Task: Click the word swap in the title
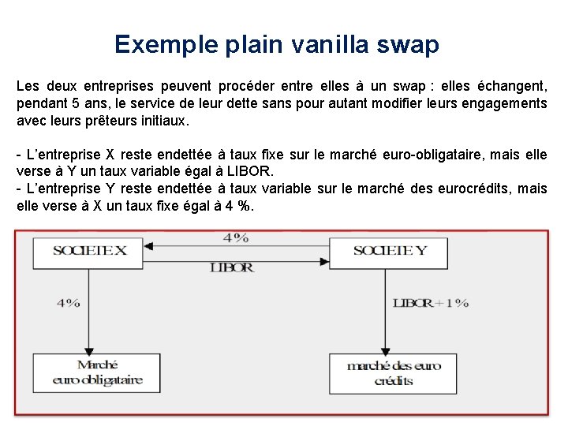click(x=409, y=44)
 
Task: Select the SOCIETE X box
click(x=89, y=252)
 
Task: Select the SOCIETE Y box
click(x=388, y=252)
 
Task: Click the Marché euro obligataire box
click(x=98, y=372)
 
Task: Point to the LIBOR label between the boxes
click(x=232, y=268)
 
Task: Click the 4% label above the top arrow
click(x=235, y=237)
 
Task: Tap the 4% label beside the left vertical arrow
click(x=68, y=303)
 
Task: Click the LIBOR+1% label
click(x=431, y=303)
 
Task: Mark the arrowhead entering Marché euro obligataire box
click(x=88, y=349)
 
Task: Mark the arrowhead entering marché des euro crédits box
click(x=385, y=349)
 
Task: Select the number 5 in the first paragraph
click(x=76, y=103)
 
